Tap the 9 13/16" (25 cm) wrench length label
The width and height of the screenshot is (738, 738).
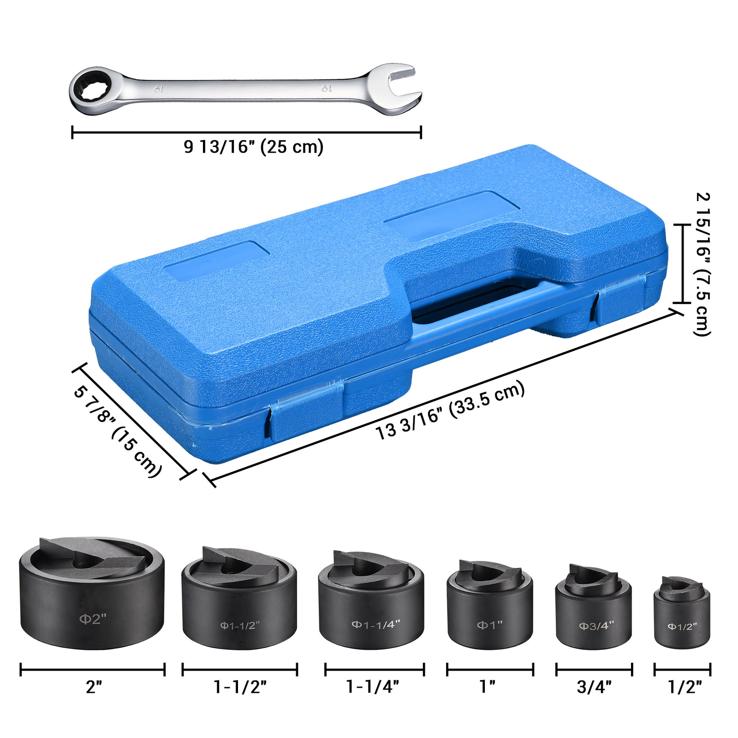pos(253,147)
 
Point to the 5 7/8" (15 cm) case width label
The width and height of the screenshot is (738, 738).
pos(118,432)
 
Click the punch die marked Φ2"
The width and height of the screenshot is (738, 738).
pos(92,600)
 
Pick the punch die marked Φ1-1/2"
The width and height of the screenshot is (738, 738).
pos(239,604)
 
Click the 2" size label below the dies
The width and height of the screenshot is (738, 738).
pos(94,687)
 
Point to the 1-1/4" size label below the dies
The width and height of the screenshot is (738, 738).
pos(372,687)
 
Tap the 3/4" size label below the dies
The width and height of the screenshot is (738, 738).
pos(594,687)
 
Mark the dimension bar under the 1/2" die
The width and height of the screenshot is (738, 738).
pos(682,669)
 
